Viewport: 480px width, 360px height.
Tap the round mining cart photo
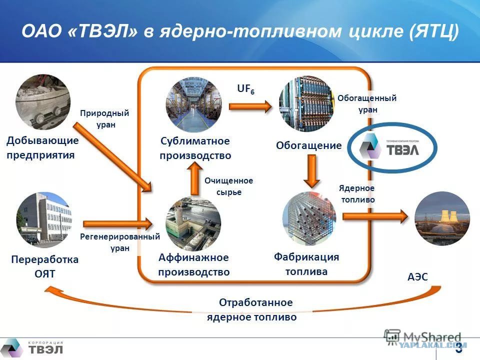43,102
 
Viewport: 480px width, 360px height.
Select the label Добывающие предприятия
42,147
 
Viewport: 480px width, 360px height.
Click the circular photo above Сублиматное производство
193,104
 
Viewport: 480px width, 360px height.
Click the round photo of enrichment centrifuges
306,103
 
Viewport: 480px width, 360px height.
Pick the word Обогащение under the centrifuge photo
308,145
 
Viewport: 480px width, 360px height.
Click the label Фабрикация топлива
306,264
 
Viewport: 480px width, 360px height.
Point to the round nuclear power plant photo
442,218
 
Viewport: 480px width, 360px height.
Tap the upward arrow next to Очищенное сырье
193,178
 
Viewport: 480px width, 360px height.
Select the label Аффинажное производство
194,264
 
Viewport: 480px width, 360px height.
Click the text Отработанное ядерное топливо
252,309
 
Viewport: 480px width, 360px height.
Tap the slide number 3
458,349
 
